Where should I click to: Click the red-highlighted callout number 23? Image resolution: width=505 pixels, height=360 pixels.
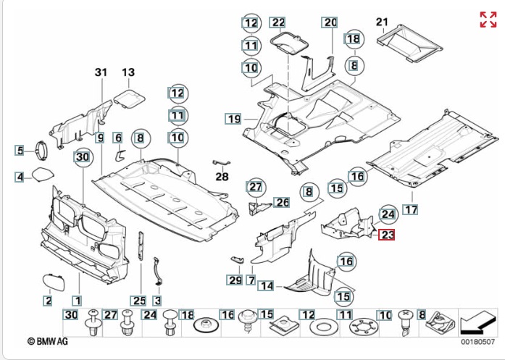(387, 235)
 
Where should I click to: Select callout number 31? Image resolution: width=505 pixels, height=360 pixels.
(100, 72)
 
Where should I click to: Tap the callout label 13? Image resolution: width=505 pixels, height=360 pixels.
(128, 72)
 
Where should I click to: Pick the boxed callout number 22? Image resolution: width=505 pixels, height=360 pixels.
(278, 22)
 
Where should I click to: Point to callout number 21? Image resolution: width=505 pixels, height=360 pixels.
(382, 21)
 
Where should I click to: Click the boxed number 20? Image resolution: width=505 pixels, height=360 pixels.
(330, 22)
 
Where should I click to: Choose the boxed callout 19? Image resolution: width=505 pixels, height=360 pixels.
(233, 118)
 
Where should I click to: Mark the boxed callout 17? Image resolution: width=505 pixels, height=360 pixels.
(411, 210)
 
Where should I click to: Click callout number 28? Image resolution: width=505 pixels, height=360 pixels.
(221, 176)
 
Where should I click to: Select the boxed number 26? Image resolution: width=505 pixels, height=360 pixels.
(281, 202)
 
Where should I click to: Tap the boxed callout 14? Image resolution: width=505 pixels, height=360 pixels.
(268, 286)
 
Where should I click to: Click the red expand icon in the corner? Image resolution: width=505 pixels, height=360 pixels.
(488, 20)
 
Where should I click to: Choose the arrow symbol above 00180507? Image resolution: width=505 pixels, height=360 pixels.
(477, 319)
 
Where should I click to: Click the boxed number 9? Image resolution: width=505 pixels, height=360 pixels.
(99, 137)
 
